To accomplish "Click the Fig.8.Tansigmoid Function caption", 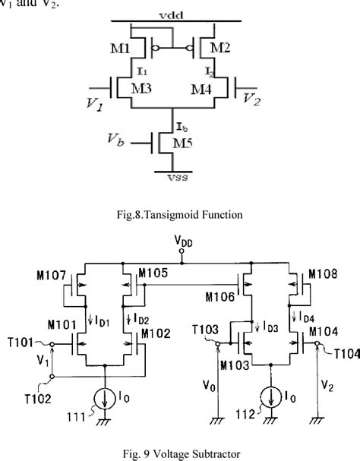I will click(179, 215).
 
